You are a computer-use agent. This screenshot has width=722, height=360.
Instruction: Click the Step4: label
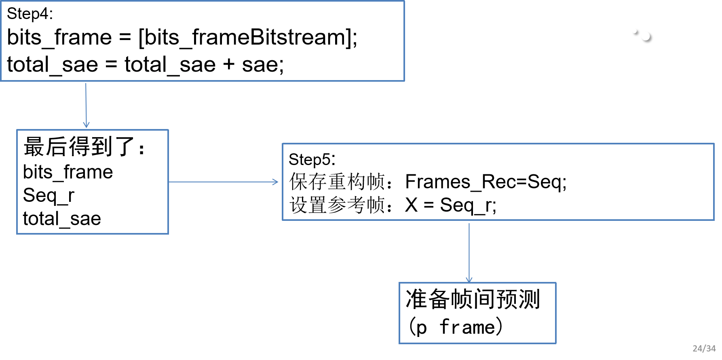pos(30,14)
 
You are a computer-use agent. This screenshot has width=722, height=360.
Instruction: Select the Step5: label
pos(312,159)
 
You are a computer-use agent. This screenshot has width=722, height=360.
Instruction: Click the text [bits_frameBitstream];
pos(248,38)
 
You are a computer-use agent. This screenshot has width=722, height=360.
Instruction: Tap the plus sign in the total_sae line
pos(228,64)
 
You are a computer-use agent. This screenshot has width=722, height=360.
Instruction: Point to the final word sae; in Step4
pos(263,65)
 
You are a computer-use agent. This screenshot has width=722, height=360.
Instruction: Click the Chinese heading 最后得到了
pos(79,146)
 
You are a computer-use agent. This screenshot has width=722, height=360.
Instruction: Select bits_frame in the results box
pos(68,172)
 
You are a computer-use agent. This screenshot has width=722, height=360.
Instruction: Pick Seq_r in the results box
pos(49,195)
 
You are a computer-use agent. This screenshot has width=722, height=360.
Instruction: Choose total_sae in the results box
pos(62,219)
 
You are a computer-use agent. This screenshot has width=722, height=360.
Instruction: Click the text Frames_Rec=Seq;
pos(486,182)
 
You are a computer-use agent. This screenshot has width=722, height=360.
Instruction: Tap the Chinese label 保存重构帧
pos(337,182)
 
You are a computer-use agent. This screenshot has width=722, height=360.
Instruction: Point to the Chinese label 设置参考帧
pos(337,205)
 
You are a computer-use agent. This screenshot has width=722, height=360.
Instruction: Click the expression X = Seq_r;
pos(450,205)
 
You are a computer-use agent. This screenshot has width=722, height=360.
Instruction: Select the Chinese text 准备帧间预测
pos(473,299)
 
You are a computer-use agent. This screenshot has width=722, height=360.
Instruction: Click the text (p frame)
pos(455,327)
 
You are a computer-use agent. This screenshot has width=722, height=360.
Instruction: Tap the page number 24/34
pos(704,348)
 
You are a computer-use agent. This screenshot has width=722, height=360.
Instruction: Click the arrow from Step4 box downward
pos(86,105)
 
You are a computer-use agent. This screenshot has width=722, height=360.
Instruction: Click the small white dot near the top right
pos(646,37)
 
